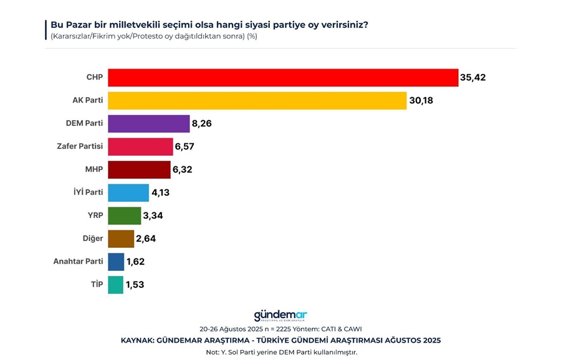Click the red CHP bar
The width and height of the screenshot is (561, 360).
coord(283,78)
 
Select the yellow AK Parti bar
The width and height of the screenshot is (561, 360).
coord(257,101)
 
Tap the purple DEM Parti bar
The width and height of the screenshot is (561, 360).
coord(148,124)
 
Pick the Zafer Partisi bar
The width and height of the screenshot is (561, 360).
coord(140,147)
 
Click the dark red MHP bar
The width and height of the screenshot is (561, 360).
coord(139,170)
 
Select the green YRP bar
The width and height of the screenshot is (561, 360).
coord(124,216)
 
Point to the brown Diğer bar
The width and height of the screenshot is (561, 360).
coord(121,239)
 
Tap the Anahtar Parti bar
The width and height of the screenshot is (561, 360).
coord(116,262)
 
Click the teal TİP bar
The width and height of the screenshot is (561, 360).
coord(115,285)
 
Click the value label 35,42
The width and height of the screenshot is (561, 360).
coord(472,78)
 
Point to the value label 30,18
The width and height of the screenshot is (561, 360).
coord(423,101)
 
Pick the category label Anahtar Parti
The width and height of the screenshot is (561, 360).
coord(78,262)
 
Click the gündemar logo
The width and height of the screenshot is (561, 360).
coord(280,316)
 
